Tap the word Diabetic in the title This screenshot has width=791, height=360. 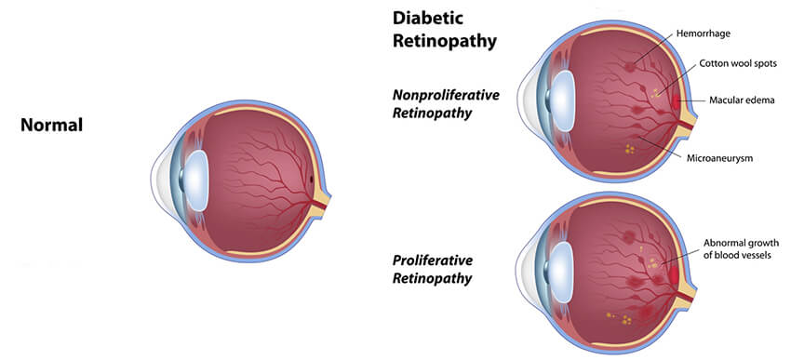(429, 18)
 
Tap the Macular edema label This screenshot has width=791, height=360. (741, 100)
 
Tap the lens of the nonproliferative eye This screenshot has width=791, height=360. (561, 96)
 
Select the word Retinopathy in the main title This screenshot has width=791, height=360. (445, 40)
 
